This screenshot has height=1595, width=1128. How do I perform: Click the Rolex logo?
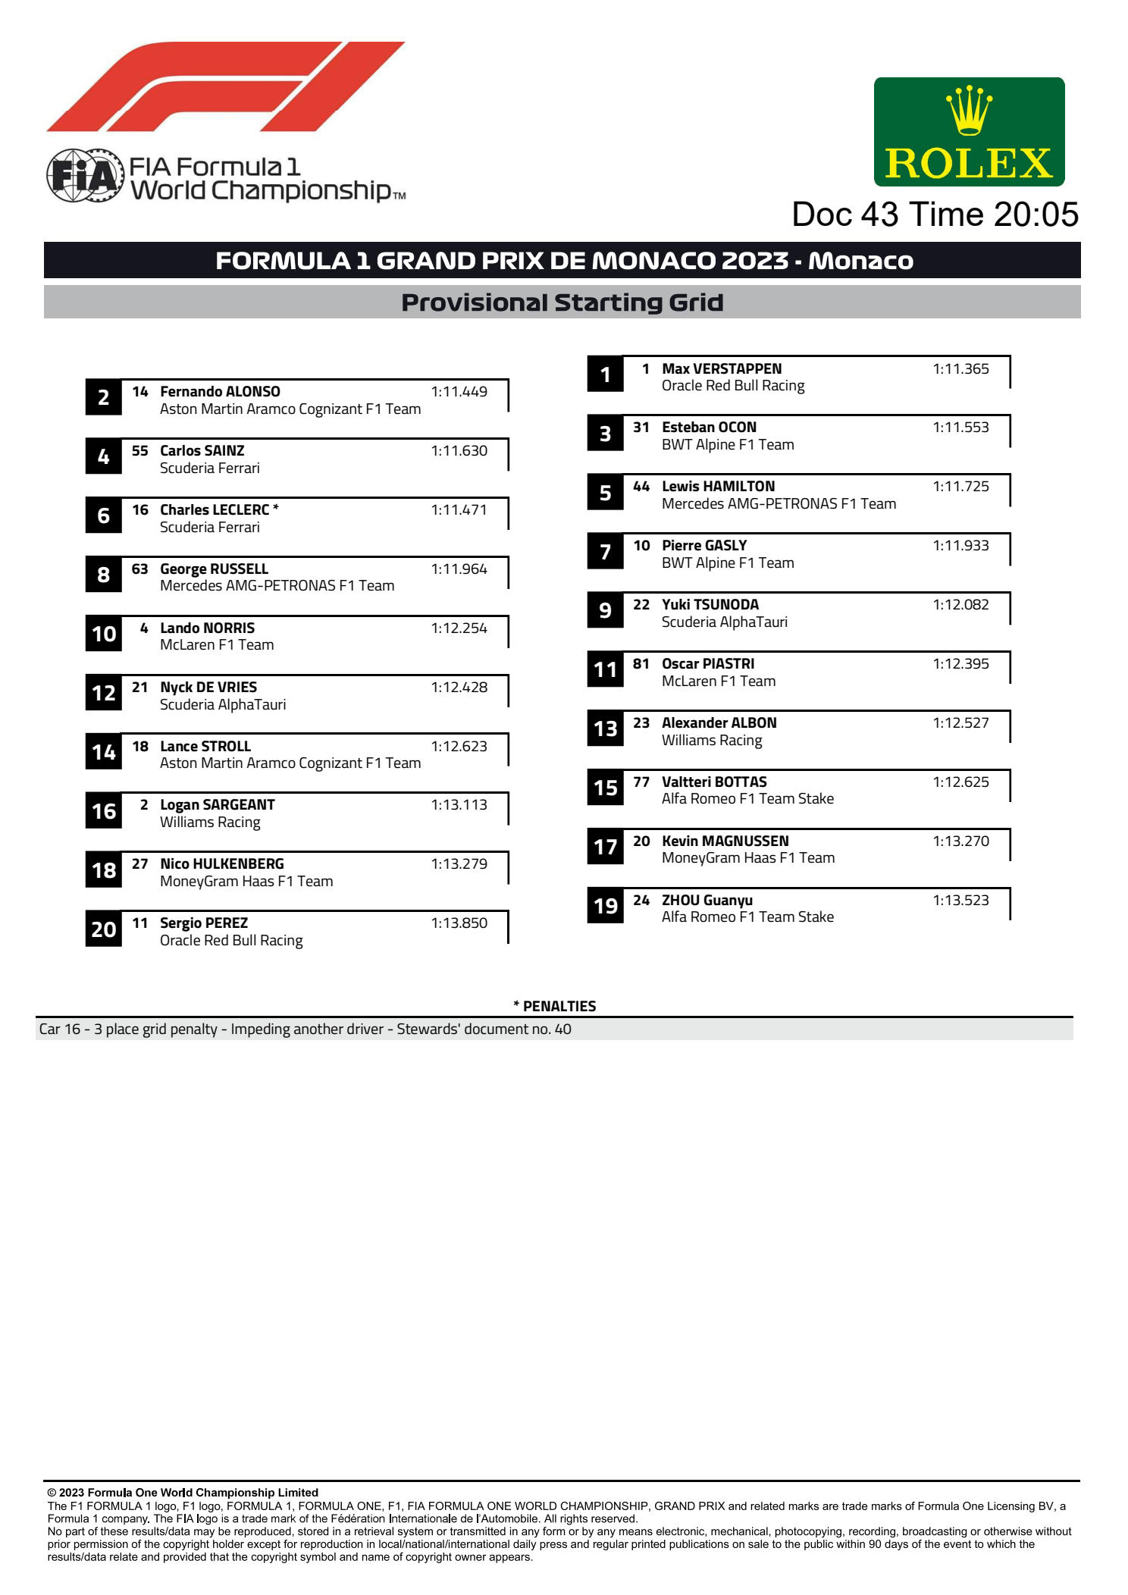pos(969,132)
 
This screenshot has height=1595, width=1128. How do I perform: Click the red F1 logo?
pos(225,87)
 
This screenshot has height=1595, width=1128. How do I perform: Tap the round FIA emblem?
pos(85,176)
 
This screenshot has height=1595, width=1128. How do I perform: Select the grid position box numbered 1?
pos(605,374)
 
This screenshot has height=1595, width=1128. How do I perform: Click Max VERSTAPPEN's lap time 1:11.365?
pos(960,369)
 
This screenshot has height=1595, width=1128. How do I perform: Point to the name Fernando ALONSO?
pos(220,392)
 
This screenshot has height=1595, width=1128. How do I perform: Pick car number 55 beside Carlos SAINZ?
pos(140,451)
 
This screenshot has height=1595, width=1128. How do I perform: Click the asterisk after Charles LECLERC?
pos(276,509)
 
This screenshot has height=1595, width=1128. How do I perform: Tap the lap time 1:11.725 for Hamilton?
pos(960,487)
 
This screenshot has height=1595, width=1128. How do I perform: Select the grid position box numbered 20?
pos(104,929)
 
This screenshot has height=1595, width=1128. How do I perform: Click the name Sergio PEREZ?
pos(204,923)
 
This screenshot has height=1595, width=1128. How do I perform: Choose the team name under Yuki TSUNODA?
pos(724,622)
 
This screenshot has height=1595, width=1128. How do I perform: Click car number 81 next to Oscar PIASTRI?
pos(641,664)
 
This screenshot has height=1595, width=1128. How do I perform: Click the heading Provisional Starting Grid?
pos(562,302)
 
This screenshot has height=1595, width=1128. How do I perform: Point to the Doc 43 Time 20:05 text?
pos(935,215)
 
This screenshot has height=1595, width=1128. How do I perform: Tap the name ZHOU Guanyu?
pos(707,901)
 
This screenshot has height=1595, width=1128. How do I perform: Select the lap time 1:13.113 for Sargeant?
pos(459,805)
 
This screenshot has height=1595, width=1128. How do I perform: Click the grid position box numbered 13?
pos(605,729)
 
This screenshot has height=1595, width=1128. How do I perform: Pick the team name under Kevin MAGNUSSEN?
pos(747,858)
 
